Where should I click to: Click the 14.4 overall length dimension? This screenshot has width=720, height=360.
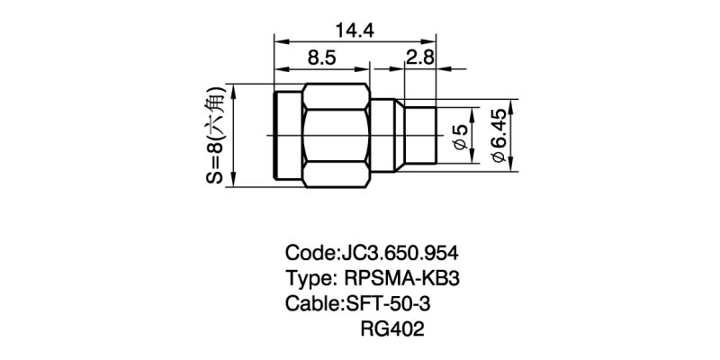click(355, 30)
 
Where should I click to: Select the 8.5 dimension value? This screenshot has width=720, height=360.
click(322, 58)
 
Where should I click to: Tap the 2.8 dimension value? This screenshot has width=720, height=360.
click(420, 58)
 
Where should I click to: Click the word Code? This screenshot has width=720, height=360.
click(309, 252)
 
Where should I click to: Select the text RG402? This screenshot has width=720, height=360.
click(391, 329)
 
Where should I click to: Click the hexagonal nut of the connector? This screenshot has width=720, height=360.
click(337, 136)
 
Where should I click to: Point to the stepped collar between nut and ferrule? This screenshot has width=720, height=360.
click(386, 136)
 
